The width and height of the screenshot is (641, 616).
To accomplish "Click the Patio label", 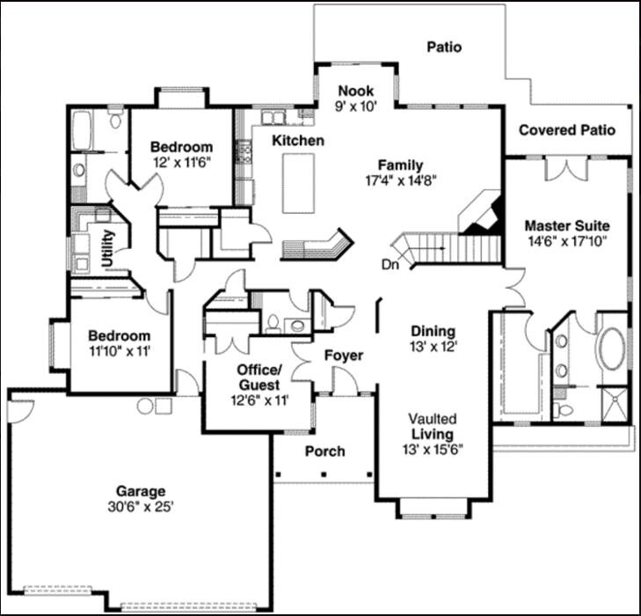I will click(444, 48).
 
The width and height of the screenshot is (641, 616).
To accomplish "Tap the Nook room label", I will click(356, 91).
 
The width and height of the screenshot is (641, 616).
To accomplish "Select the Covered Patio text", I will click(566, 130).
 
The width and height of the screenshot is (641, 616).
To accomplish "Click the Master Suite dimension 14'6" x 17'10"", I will click(566, 240).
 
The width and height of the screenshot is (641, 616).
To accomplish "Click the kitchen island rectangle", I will click(298, 181).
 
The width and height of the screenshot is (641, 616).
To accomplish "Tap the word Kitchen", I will click(297, 141).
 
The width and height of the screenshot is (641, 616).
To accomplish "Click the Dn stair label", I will click(390, 263).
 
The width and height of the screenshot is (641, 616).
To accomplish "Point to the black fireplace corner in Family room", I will click(486, 220).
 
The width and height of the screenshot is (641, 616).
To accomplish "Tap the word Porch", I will click(324, 451).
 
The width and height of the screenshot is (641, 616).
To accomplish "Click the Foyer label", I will click(344, 356).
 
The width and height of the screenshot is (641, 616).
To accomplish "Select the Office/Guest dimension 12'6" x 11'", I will click(258, 400).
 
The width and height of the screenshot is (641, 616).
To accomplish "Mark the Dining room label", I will click(433, 332).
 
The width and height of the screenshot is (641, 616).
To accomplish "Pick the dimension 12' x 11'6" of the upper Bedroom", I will click(181, 162).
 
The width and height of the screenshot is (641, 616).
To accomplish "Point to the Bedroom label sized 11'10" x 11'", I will click(119, 336).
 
